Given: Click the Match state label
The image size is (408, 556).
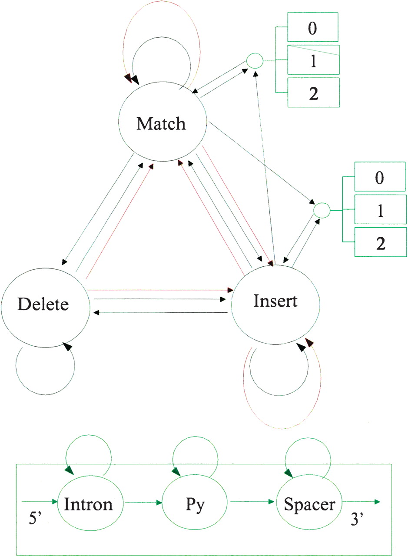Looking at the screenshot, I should (161, 124).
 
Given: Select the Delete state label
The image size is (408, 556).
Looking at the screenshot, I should (43, 304).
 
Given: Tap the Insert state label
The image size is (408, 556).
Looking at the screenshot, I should (275, 301).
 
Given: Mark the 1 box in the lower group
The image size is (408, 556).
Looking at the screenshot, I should (380, 210).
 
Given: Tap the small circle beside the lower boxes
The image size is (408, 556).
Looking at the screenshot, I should (322, 210).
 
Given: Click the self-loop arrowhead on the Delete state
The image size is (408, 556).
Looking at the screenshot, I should (66, 346).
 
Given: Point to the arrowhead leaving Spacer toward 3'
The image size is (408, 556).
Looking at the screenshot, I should (377, 502).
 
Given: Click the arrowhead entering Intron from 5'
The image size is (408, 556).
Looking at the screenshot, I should (55, 502).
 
